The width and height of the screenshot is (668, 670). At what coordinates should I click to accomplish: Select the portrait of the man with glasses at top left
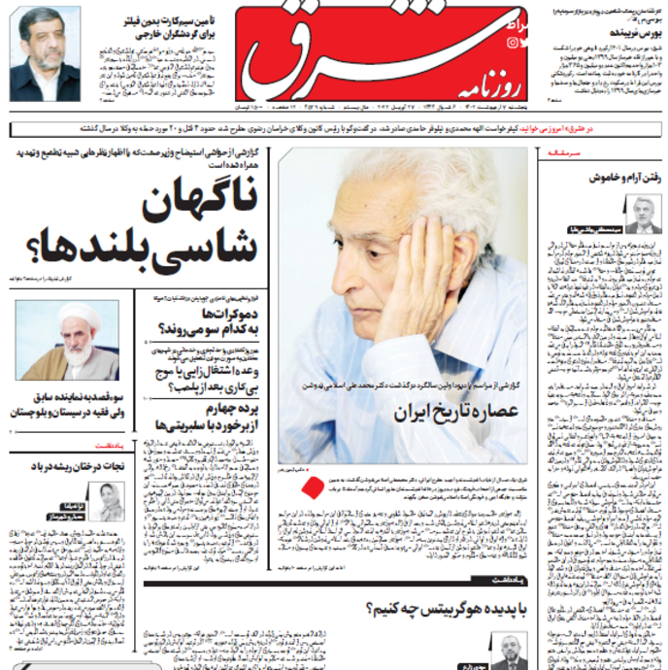click(45, 66)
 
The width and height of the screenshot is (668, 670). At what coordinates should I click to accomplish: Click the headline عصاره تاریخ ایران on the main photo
click(455, 411)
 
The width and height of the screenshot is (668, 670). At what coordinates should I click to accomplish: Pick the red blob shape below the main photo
click(313, 487)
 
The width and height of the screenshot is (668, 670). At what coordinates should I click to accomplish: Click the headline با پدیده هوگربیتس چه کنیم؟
click(447, 610)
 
